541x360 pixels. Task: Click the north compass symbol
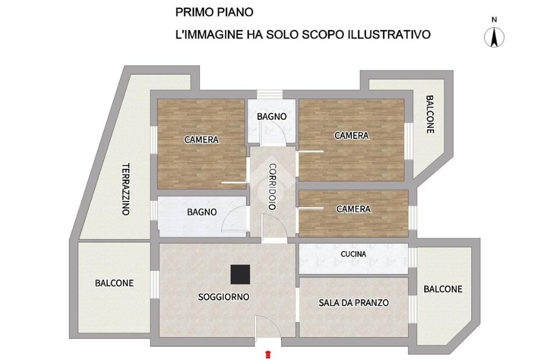click(x=494, y=37)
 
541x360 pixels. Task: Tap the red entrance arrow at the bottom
click(x=268, y=354)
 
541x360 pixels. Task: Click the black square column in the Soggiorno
click(x=240, y=274)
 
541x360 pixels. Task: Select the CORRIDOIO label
click(x=273, y=186)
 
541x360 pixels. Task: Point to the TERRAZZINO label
click(x=126, y=189)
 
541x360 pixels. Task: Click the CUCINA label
click(x=353, y=254)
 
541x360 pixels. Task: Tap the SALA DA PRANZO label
click(x=353, y=303)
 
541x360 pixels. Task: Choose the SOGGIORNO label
click(x=223, y=297)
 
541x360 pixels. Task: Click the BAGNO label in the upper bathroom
click(x=272, y=117)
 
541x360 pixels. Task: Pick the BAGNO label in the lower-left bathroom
click(x=202, y=212)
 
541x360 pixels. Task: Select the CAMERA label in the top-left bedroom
click(x=201, y=140)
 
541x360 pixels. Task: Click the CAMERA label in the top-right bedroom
click(x=351, y=136)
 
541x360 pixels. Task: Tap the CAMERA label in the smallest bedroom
click(x=353, y=209)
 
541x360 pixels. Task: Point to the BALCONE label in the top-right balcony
click(x=430, y=115)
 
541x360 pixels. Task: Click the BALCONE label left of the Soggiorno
click(x=114, y=283)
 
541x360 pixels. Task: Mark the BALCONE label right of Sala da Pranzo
click(x=443, y=289)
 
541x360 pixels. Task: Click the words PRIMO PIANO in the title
click(x=214, y=12)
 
